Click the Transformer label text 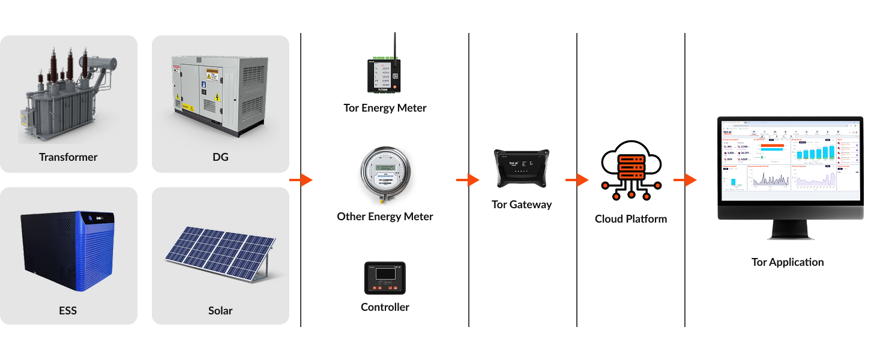pyautogui.click(x=68, y=157)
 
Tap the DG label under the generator pyautogui.click(x=220, y=157)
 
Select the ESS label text pyautogui.click(x=68, y=311)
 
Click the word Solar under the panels pyautogui.click(x=220, y=311)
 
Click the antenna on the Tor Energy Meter pyautogui.click(x=394, y=45)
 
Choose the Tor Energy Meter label pyautogui.click(x=385, y=108)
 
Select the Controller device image pyautogui.click(x=385, y=278)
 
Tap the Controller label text pyautogui.click(x=385, y=307)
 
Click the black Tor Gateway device pyautogui.click(x=521, y=169)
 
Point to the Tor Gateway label pyautogui.click(x=521, y=205)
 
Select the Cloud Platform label pyautogui.click(x=630, y=219)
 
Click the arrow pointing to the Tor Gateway pyautogui.click(x=468, y=180)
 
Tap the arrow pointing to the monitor pyautogui.click(x=685, y=180)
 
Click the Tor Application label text pyautogui.click(x=787, y=262)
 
